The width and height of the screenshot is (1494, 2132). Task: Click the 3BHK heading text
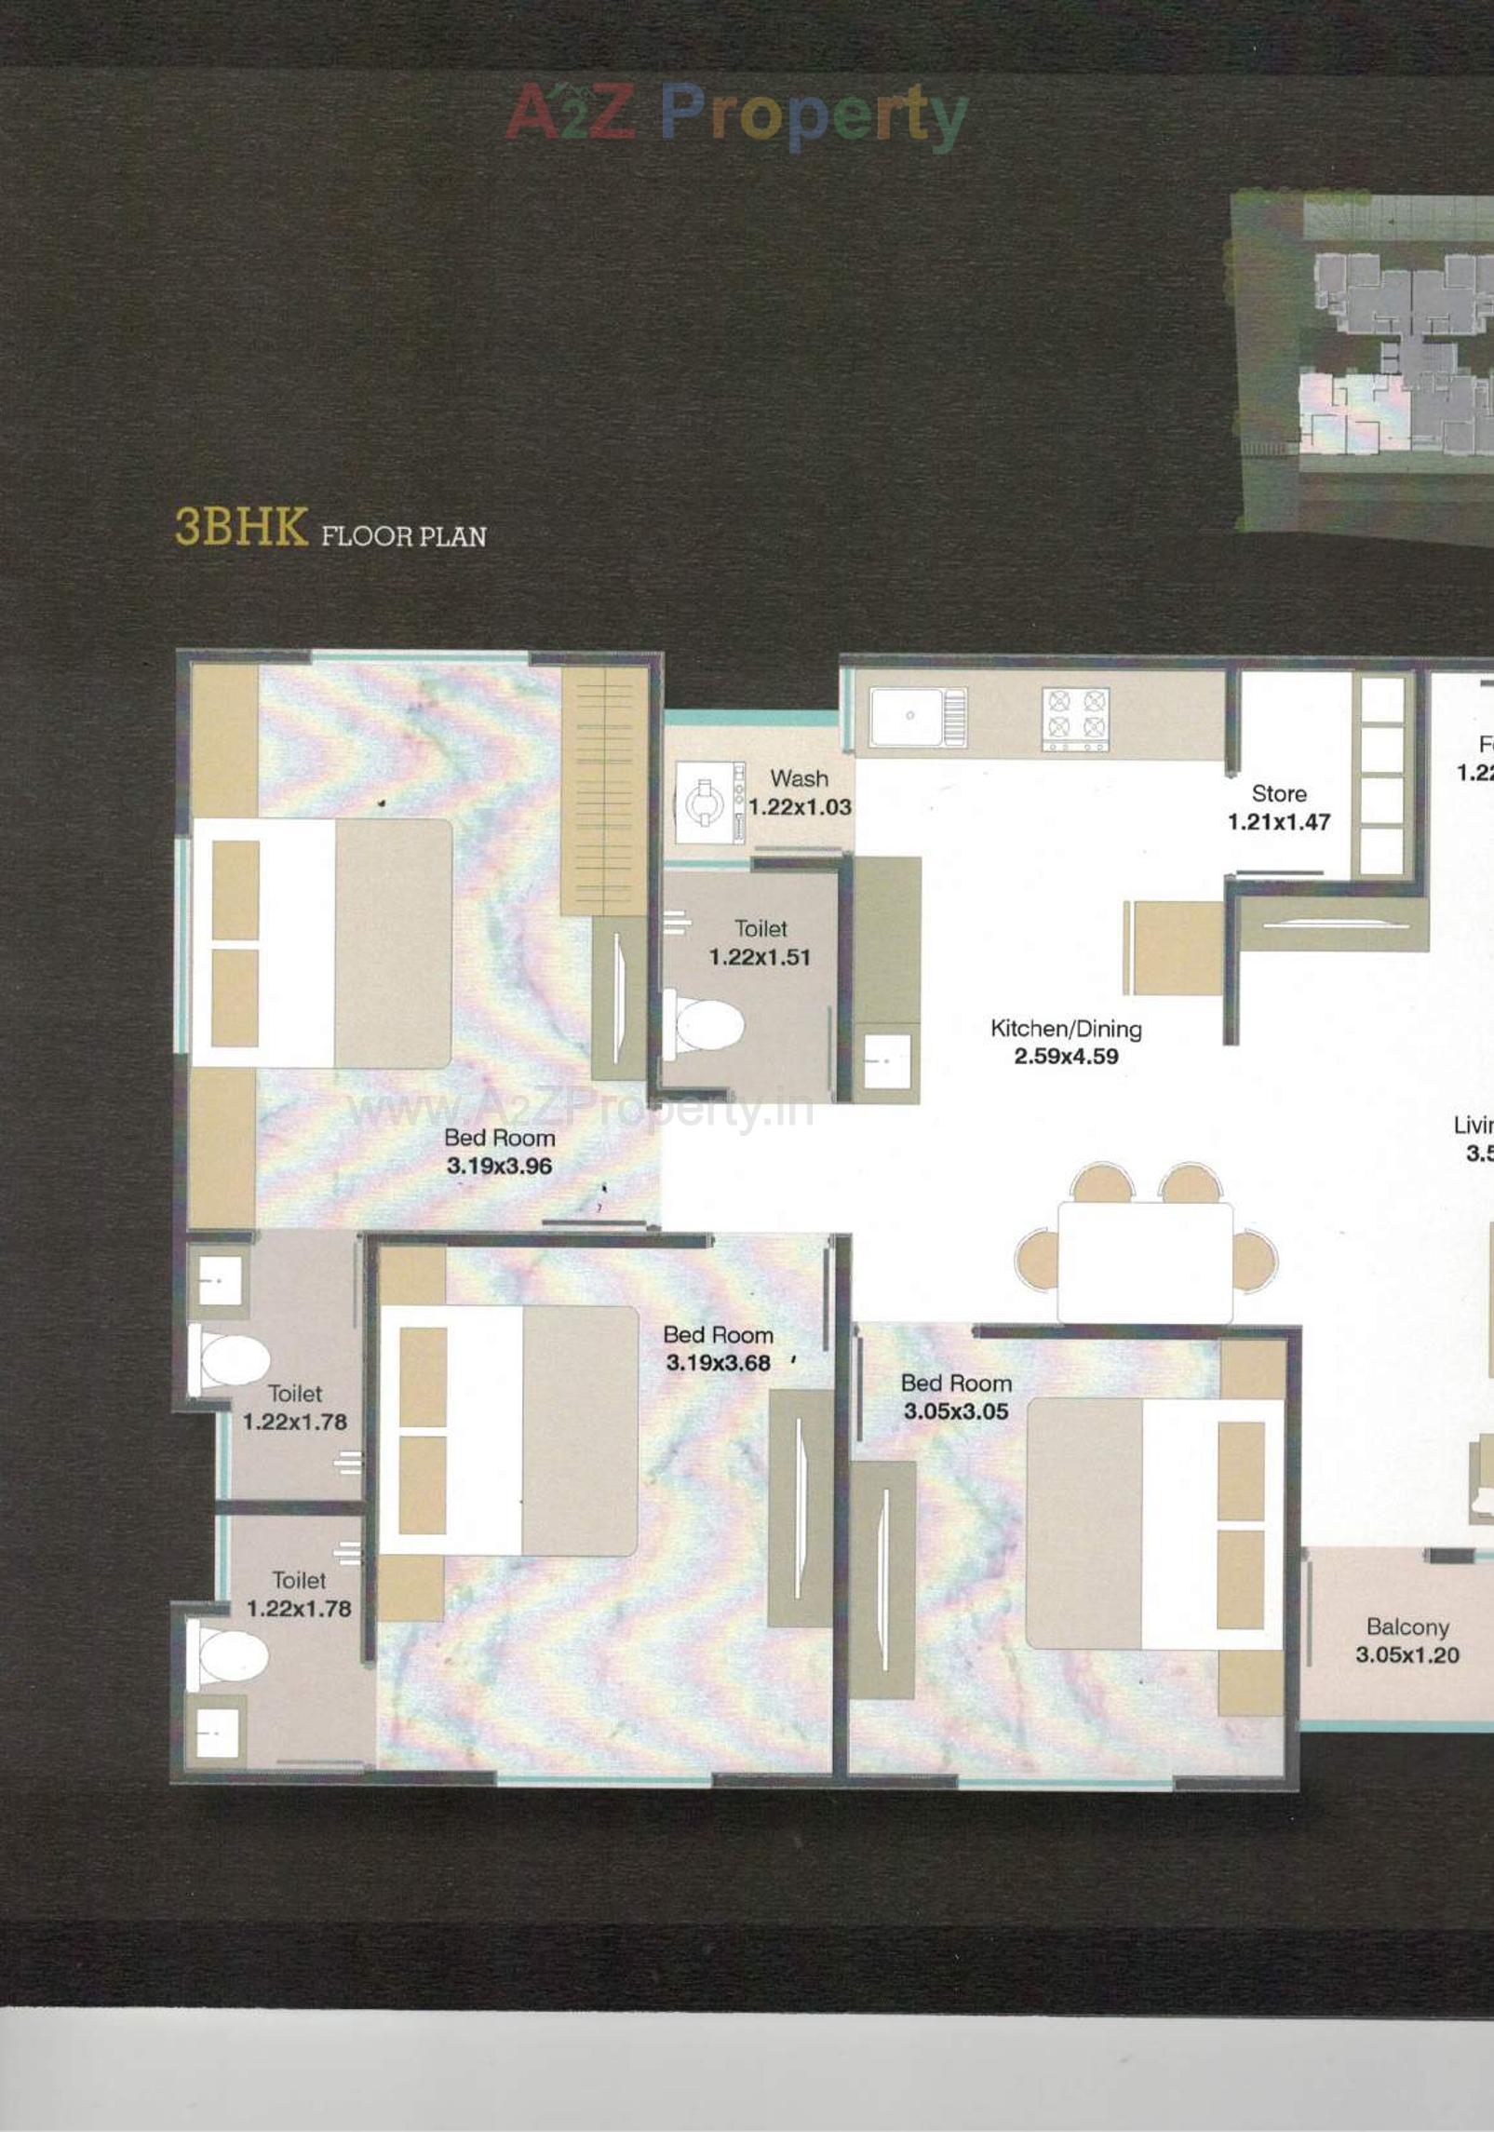[x=241, y=527]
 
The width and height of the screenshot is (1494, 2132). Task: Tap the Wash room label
[x=799, y=778]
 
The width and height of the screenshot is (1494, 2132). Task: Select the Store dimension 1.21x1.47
[x=1278, y=822]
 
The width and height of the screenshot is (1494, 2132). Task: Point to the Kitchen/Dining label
[x=1066, y=1029]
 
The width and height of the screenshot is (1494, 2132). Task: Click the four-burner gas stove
[x=1075, y=719]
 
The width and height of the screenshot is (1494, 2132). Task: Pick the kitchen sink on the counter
[x=907, y=717]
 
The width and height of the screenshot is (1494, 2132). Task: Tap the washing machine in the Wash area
[x=705, y=803]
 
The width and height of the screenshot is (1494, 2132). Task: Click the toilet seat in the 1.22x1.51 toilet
[x=707, y=1025]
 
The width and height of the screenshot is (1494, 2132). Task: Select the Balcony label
[x=1407, y=1627]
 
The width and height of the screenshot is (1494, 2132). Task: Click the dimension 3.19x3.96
[x=499, y=1166]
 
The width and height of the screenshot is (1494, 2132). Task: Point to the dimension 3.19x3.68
[x=718, y=1363]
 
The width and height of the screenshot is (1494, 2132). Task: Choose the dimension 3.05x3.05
[x=956, y=1411]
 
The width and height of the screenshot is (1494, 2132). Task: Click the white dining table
[x=1145, y=1262]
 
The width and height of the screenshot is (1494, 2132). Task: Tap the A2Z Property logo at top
[x=735, y=115]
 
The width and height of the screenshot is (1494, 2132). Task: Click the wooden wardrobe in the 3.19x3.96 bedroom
[x=604, y=790]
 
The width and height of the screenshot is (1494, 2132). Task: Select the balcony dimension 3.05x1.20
[x=1407, y=1655]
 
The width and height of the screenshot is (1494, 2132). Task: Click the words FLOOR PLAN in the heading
[x=404, y=537]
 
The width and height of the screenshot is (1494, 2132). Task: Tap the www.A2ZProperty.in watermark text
[x=579, y=1110]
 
